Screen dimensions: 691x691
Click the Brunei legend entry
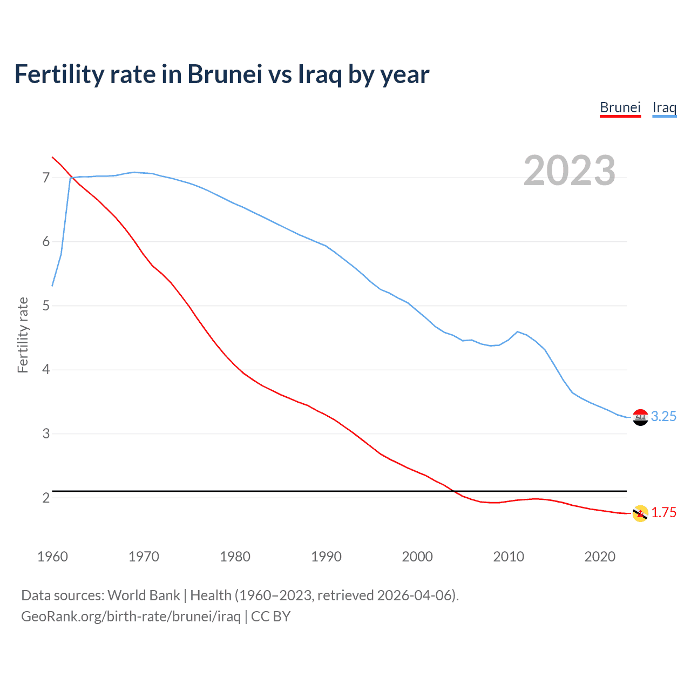click(620, 107)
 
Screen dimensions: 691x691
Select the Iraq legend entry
click(664, 107)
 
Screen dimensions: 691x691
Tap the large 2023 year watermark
click(569, 171)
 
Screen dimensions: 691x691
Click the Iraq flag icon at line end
click(640, 417)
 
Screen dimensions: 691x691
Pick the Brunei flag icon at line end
click(640, 513)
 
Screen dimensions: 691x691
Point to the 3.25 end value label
click(663, 416)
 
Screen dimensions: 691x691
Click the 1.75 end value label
click(663, 512)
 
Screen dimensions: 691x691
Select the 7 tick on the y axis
click(46, 178)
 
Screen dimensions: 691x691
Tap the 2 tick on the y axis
click(46, 498)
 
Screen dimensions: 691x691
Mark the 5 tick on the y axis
click(46, 306)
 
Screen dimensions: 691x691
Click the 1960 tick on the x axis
click(52, 557)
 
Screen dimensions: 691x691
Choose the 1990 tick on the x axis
click(326, 557)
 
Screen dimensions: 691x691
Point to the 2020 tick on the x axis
click(600, 557)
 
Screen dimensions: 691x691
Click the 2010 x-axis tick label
click(509, 557)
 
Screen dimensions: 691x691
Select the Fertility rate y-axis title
click(23, 335)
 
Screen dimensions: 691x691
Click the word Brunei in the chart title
click(225, 74)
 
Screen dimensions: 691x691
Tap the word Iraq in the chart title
click(320, 74)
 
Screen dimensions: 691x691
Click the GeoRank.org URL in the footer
click(131, 616)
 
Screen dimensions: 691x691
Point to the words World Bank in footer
click(144, 595)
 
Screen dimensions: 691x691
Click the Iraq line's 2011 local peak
click(518, 331)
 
